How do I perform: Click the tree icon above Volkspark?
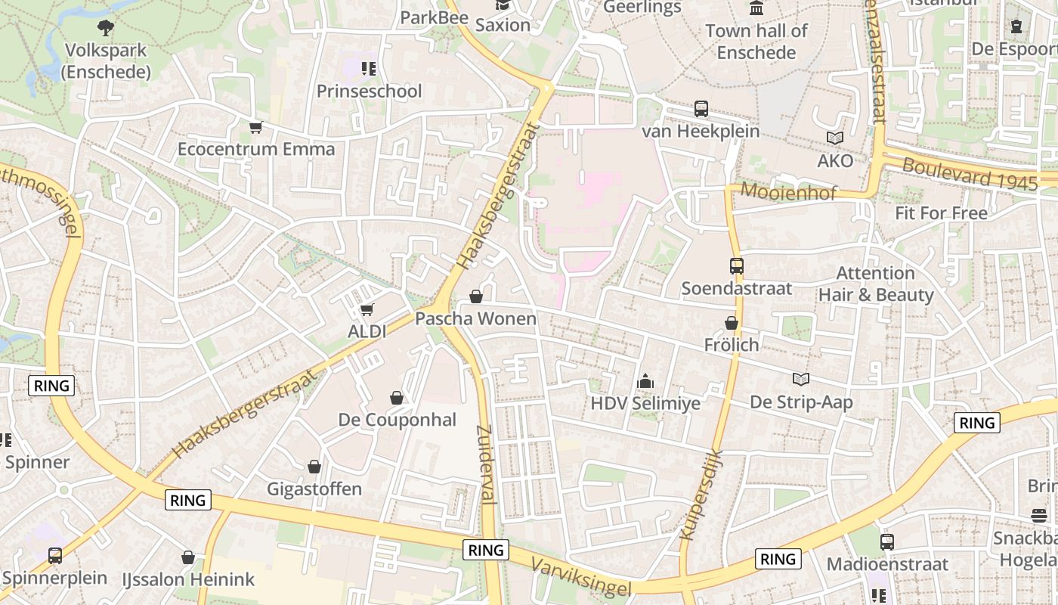pos(107,28)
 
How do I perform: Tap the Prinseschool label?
pos(369,92)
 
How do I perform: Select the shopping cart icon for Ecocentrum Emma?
pos(256,127)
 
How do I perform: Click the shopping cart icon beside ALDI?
pos(367,309)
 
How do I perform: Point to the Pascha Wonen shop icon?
pos(476,296)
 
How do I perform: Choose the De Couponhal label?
pos(397,420)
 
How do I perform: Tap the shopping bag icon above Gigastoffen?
pos(314,467)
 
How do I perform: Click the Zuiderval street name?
pos(486,464)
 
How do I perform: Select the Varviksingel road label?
pos(580,576)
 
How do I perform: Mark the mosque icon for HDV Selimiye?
pos(645,381)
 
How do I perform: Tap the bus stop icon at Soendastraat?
pos(737,266)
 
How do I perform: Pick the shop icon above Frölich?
pos(731,323)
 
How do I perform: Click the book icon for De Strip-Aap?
pos(800,379)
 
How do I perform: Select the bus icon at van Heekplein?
pos(701,109)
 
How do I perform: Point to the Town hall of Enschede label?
pos(756,42)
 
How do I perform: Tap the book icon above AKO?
pos(835,138)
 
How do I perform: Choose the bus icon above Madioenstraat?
pos(887,542)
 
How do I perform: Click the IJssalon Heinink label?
pos(188,580)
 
